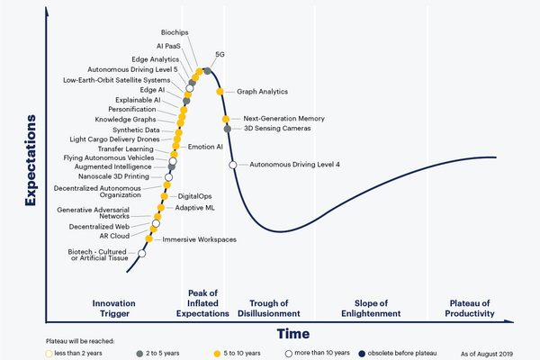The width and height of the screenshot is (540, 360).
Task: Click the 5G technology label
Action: pyautogui.click(x=220, y=55)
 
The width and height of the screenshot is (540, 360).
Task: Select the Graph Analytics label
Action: pyautogui.click(x=262, y=91)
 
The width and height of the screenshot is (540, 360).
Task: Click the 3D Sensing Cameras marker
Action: pyautogui.click(x=228, y=129)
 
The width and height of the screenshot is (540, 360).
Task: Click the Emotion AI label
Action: pyautogui.click(x=205, y=147)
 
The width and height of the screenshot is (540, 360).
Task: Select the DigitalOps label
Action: pyautogui.click(x=194, y=195)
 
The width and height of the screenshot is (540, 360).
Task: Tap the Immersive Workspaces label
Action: pyautogui.click(x=200, y=239)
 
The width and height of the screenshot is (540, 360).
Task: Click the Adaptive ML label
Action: pyautogui.click(x=195, y=207)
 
